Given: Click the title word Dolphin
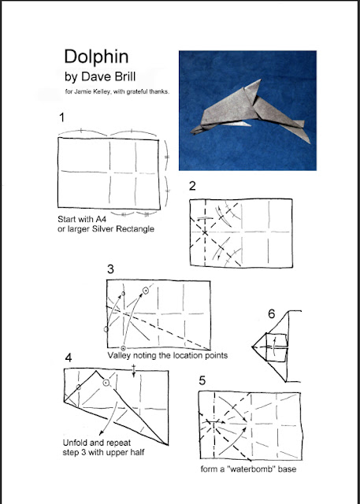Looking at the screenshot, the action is [x=96, y=57].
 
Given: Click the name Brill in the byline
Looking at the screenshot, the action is [x=121, y=77].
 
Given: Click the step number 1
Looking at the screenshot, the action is [x=61, y=117].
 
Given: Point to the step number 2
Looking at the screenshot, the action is [x=192, y=186].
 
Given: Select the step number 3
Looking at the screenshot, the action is [x=110, y=269].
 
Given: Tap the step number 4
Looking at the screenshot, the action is [x=69, y=358].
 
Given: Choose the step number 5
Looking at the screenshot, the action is [x=202, y=380].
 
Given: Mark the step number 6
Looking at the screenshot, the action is [x=272, y=314].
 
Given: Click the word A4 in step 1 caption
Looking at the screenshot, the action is [x=101, y=219].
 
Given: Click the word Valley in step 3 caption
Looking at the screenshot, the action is [x=118, y=355].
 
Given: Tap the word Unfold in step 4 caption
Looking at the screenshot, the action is [x=76, y=443].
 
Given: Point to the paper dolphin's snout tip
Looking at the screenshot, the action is [x=191, y=132].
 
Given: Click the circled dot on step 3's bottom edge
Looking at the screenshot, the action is [x=123, y=348].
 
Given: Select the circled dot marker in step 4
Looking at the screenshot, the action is [x=106, y=383].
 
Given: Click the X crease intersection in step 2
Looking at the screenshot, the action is [x=205, y=232].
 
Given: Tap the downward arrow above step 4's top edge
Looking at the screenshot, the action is [x=134, y=371].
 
